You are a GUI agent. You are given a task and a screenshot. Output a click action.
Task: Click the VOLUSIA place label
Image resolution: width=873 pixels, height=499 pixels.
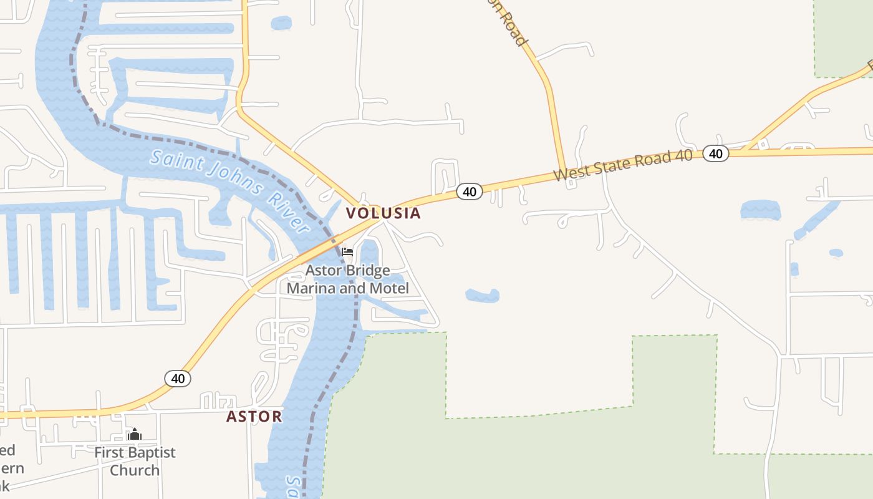pyautogui.click(x=383, y=213)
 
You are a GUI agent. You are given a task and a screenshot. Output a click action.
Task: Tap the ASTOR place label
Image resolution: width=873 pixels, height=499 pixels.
pyautogui.click(x=254, y=417)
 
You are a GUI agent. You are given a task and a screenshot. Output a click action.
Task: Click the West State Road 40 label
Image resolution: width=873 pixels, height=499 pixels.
pyautogui.click(x=623, y=165)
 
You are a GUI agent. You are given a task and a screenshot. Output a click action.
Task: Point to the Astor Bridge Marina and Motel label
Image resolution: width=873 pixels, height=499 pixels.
pyautogui.click(x=348, y=279)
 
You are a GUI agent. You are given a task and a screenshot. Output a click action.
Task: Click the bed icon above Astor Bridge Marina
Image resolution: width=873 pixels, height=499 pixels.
pyautogui.click(x=347, y=252)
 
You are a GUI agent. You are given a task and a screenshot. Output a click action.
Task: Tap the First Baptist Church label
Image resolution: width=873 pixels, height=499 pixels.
pyautogui.click(x=135, y=461)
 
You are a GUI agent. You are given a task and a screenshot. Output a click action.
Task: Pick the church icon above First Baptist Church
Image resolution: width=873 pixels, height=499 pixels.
pyautogui.click(x=135, y=434)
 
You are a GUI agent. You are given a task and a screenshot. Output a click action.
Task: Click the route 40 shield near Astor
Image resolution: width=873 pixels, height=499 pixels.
pyautogui.click(x=178, y=379)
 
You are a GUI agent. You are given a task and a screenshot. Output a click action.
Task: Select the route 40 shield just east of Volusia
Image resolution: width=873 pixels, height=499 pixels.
pyautogui.click(x=470, y=191)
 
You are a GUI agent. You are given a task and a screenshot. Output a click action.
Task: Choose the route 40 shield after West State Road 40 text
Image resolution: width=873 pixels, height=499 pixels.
pyautogui.click(x=715, y=153)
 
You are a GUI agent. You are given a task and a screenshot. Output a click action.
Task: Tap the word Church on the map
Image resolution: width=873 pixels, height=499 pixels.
pyautogui.click(x=135, y=470)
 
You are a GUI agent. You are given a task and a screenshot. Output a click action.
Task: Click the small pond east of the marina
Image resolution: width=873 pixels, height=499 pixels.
pyautogui.click(x=483, y=295)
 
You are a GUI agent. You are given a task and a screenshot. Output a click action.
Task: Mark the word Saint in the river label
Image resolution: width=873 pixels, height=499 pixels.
pyautogui.click(x=176, y=163)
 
